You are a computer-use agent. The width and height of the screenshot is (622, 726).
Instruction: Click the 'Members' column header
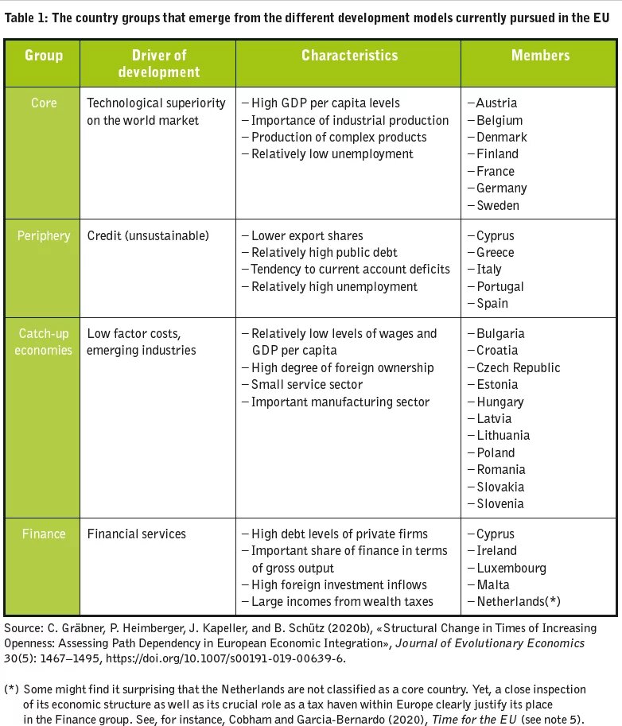pyautogui.click(x=540, y=56)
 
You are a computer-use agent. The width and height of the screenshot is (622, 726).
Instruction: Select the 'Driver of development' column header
pyautogui.click(x=159, y=64)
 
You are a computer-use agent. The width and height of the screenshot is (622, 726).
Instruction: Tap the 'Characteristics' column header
pyautogui.click(x=349, y=56)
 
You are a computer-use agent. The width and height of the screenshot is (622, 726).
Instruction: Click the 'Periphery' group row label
pyautogui.click(x=45, y=235)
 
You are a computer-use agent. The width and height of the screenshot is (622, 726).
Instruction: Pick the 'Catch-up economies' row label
pyautogui.click(x=44, y=342)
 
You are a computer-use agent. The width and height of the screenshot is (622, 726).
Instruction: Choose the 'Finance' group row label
pyautogui.click(x=44, y=534)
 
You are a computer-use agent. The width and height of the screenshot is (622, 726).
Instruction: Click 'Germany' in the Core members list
pyautogui.click(x=501, y=188)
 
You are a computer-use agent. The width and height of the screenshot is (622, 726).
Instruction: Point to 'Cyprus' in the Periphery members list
pyautogui.click(x=495, y=235)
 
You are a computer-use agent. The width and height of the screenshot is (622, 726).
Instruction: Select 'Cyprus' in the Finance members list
pyautogui.click(x=495, y=534)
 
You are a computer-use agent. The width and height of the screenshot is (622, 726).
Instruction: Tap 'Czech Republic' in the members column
pyautogui.click(x=518, y=367)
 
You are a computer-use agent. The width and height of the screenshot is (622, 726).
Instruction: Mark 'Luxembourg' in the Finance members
pyautogui.click(x=511, y=568)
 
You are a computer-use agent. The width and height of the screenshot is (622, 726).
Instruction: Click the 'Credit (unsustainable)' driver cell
pyautogui.click(x=147, y=235)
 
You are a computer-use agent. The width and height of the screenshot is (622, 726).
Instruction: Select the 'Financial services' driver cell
pyautogui.click(x=137, y=534)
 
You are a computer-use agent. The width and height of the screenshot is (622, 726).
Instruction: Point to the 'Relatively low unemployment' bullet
pyautogui.click(x=332, y=153)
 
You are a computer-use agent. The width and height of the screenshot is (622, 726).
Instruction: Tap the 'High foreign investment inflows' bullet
pyautogui.click(x=339, y=584)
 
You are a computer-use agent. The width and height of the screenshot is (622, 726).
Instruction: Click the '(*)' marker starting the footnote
pyautogui.click(x=11, y=689)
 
